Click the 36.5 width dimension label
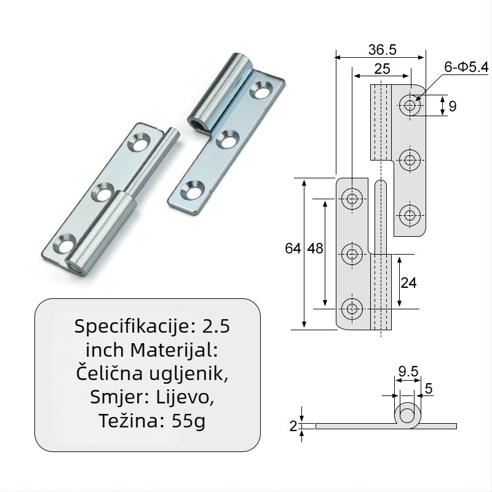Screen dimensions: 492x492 click(x=382, y=50)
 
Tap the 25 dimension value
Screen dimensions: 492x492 click(x=382, y=69)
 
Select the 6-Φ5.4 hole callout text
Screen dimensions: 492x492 click(x=466, y=67)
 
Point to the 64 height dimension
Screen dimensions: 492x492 click(x=293, y=248)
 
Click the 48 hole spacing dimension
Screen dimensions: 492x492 click(x=315, y=248)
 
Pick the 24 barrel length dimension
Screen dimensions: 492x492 click(x=408, y=283)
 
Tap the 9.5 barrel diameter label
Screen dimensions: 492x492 click(x=408, y=371)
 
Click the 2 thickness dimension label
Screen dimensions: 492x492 click(x=293, y=426)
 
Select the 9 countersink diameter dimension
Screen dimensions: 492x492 click(x=452, y=106)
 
